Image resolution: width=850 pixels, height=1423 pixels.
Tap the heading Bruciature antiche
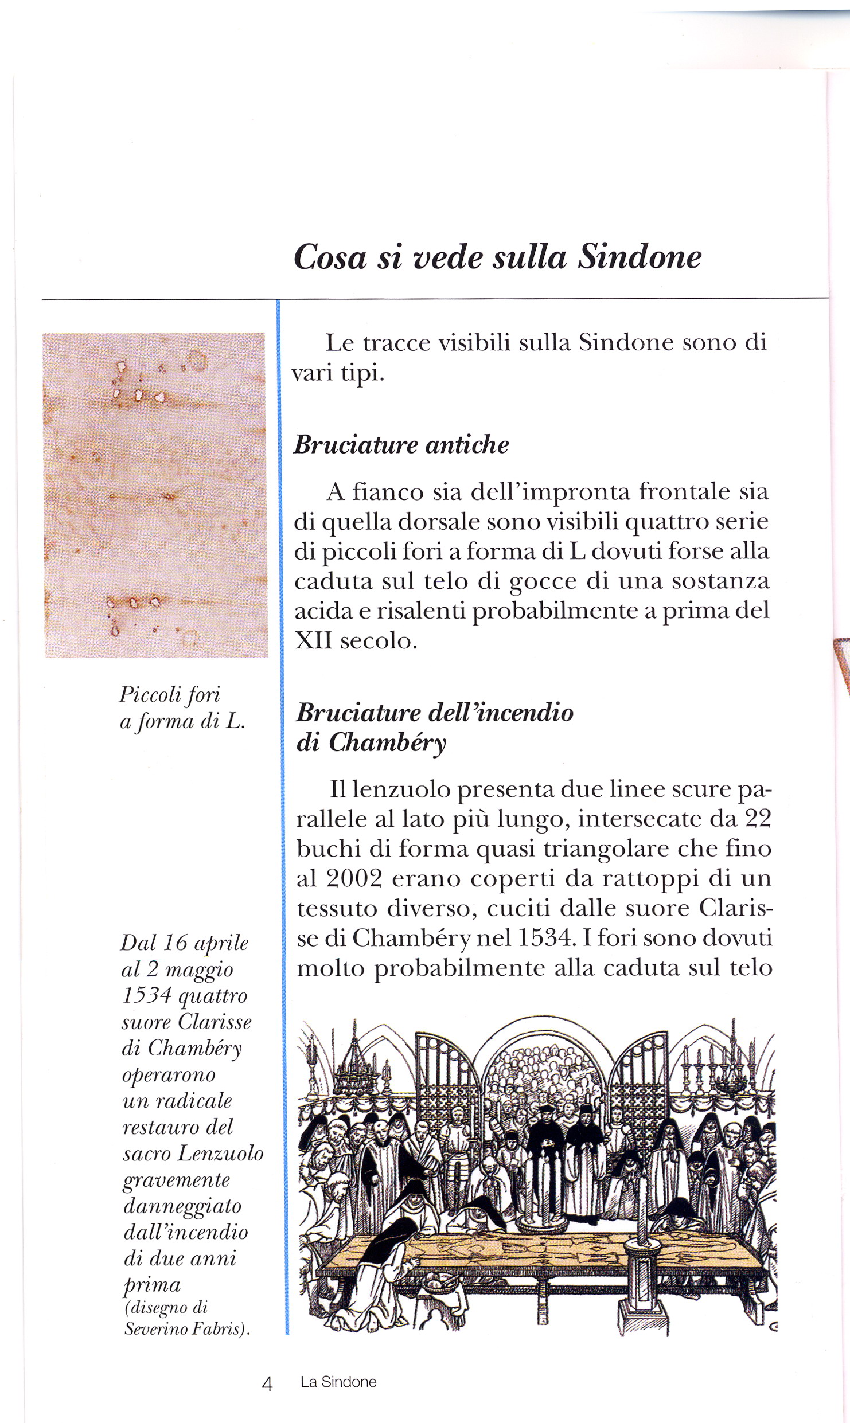pyautogui.click(x=401, y=445)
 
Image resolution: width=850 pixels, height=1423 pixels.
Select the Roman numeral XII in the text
pyautogui.click(x=313, y=640)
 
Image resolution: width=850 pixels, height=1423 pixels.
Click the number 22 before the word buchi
pyautogui.click(x=758, y=819)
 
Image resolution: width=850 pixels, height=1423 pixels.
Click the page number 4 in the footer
pyautogui.click(x=267, y=1384)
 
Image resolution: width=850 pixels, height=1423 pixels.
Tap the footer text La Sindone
pyautogui.click(x=338, y=1382)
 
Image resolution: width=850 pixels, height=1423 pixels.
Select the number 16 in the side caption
pyautogui.click(x=176, y=943)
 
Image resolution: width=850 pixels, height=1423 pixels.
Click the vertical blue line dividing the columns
pyautogui.click(x=279, y=803)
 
